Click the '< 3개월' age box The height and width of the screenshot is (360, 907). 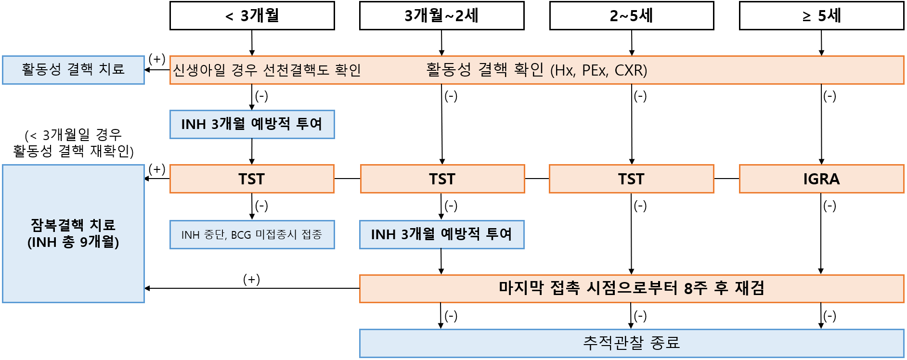pyautogui.click(x=252, y=16)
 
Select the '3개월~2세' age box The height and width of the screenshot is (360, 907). pyautogui.click(x=441, y=16)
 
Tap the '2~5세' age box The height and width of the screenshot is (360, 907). pyautogui.click(x=631, y=16)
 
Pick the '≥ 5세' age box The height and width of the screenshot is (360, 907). pyautogui.click(x=821, y=16)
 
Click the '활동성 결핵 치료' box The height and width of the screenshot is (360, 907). pyautogui.click(x=73, y=70)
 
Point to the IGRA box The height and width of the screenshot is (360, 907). pyautogui.click(x=821, y=179)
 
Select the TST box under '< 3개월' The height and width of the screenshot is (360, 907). pyautogui.click(x=252, y=179)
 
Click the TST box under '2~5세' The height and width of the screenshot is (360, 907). pyautogui.click(x=631, y=179)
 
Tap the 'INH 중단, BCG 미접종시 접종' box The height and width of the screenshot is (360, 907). pyautogui.click(x=252, y=234)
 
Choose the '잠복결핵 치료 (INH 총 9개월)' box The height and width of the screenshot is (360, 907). pyautogui.click(x=73, y=233)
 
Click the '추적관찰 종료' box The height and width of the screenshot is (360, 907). pyautogui.click(x=631, y=343)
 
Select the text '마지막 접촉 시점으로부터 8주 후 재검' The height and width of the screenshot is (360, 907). pyautogui.click(x=631, y=288)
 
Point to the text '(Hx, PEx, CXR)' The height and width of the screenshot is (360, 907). pyautogui.click(x=598, y=70)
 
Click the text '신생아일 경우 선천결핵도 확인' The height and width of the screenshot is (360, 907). pyautogui.click(x=267, y=70)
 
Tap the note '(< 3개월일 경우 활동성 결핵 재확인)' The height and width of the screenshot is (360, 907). pyautogui.click(x=73, y=143)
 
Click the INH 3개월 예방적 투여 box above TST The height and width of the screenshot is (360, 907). pyautogui.click(x=252, y=124)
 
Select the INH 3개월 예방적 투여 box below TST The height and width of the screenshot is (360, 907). pyautogui.click(x=441, y=234)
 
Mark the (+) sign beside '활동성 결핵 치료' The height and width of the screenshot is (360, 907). pyautogui.click(x=157, y=59)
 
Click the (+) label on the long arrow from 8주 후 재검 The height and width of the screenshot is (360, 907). pyautogui.click(x=251, y=279)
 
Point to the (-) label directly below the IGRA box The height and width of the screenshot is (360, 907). pyautogui.click(x=829, y=206)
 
